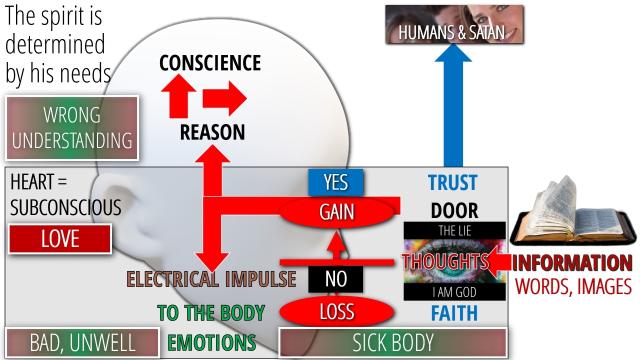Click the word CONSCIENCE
[210, 63]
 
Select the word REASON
[212, 132]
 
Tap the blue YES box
[335, 182]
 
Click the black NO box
[335, 279]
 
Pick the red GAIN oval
[337, 212]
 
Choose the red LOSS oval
[337, 311]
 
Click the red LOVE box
[60, 239]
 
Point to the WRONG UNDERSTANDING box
[72, 128]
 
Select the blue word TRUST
[453, 183]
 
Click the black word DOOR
[454, 211]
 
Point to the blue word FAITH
[454, 313]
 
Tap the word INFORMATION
[572, 263]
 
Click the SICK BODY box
[393, 343]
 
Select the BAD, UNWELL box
[82, 343]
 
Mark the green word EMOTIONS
[211, 343]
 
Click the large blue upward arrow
[453, 110]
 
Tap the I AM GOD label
[454, 292]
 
